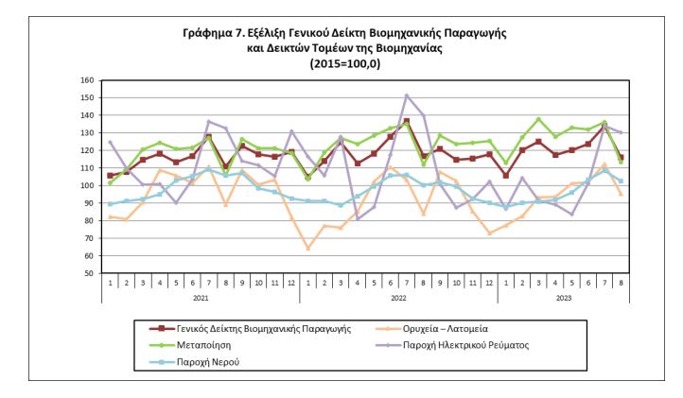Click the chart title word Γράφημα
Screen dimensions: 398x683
point(209,34)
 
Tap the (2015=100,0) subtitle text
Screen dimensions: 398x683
point(341,64)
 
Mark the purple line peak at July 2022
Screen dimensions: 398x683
point(406,95)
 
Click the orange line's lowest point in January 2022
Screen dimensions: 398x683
point(307,249)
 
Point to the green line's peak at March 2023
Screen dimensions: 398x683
point(538,119)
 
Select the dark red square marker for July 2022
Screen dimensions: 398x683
point(406,121)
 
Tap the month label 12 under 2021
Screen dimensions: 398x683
point(291,282)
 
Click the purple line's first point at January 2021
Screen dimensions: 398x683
point(111,142)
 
